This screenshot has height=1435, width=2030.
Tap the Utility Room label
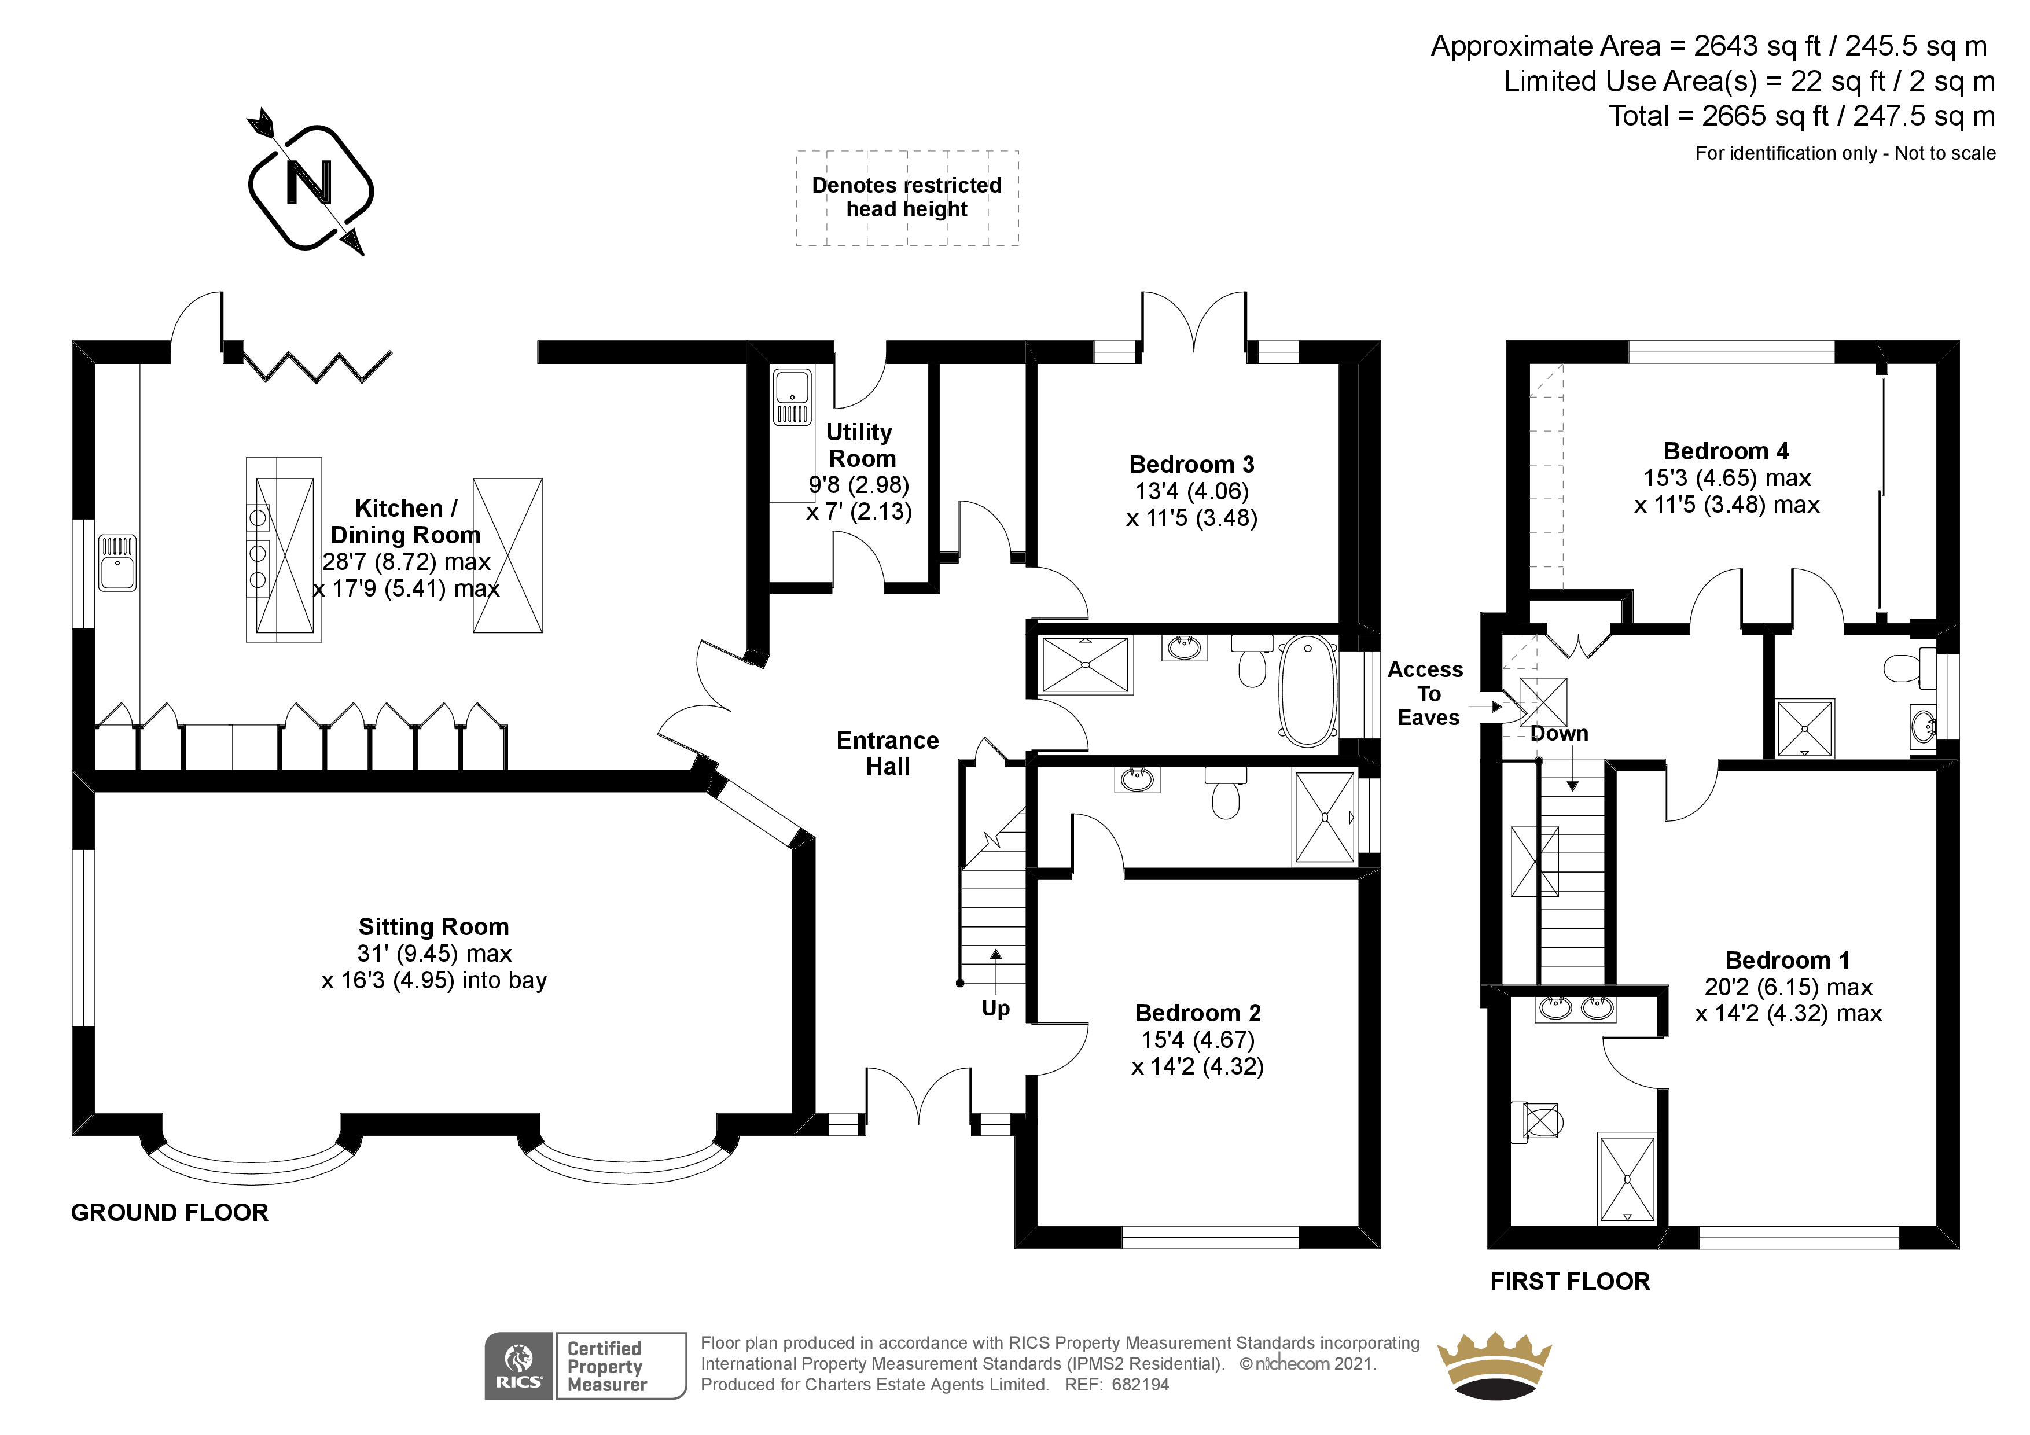[x=860, y=446]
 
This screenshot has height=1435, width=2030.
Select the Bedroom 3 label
[x=1192, y=464]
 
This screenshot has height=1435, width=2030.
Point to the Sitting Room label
[x=434, y=926]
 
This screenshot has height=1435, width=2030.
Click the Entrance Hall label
[x=888, y=753]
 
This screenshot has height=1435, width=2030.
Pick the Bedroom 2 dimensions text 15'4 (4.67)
[x=1198, y=1040]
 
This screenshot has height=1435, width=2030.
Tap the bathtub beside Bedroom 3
[x=1308, y=690]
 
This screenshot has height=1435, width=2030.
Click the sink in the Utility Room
[x=792, y=397]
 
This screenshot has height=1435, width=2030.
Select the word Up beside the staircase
[x=995, y=1009]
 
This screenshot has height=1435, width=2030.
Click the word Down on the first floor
[x=1560, y=734]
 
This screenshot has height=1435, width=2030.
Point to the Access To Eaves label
[x=1425, y=694]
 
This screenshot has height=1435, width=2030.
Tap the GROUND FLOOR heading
[x=170, y=1212]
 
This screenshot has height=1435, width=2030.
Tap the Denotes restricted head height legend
[x=907, y=197]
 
